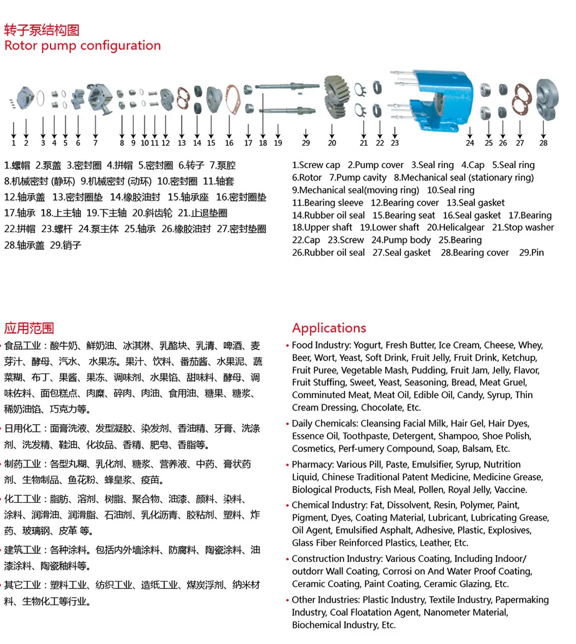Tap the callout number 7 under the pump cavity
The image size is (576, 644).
point(95,143)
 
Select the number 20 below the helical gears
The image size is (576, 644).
point(332,143)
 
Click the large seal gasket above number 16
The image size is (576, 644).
point(231,99)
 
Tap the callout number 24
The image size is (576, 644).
point(469,143)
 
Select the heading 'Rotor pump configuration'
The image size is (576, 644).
point(83,46)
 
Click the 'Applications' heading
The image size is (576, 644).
point(329,328)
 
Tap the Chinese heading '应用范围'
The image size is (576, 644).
point(29,328)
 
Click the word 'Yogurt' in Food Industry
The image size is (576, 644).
point(368,345)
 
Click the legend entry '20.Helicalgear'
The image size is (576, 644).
point(455,227)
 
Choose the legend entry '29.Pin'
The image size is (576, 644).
point(531,252)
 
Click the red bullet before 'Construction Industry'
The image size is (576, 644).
point(287,559)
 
